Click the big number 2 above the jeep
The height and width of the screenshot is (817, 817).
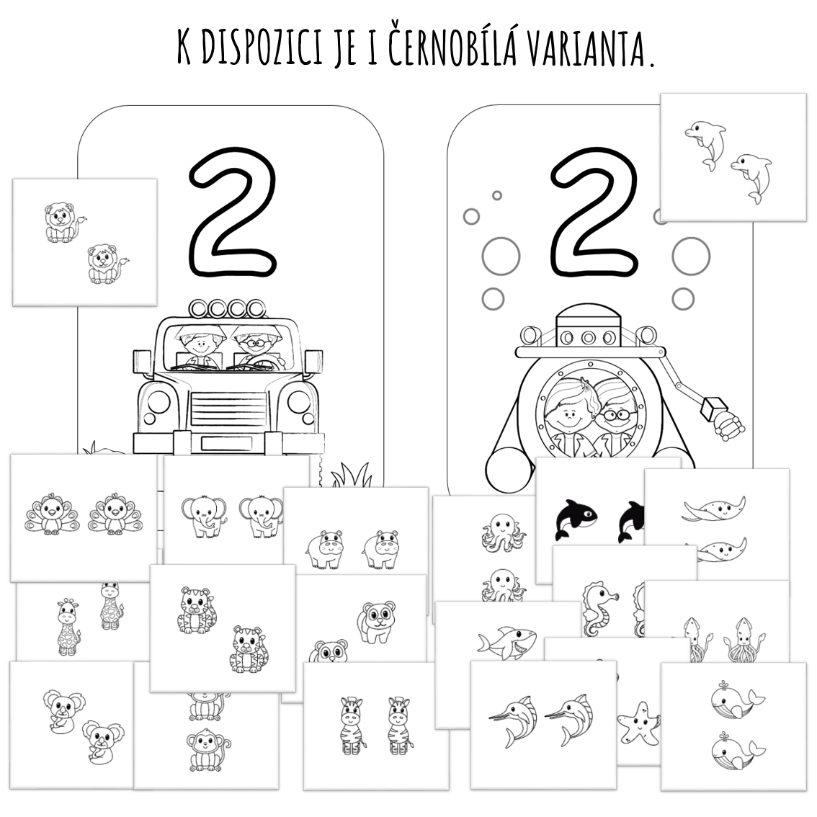(x=233, y=212)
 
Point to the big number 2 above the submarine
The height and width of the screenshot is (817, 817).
(x=594, y=211)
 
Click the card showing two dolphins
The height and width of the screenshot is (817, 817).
(x=733, y=157)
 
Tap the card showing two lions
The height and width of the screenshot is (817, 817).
(x=84, y=242)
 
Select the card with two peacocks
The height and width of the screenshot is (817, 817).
(x=84, y=517)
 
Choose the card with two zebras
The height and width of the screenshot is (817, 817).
(x=376, y=726)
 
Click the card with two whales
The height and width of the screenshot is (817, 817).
(x=733, y=727)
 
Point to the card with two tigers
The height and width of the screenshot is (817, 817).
(x=223, y=628)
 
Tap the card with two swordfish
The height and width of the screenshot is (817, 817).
(x=543, y=726)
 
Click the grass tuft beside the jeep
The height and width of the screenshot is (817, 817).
(x=352, y=474)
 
